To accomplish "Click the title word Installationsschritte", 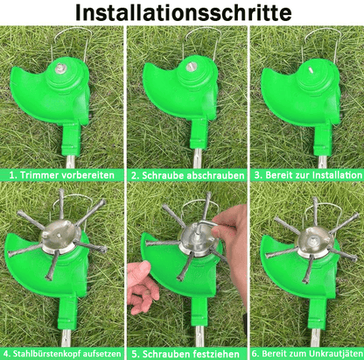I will [x=182, y=14].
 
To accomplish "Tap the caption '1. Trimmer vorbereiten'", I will [x=61, y=175].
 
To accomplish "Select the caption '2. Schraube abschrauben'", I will [x=182, y=175].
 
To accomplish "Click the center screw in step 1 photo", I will [x=64, y=67].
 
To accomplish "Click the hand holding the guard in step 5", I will [x=142, y=285].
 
